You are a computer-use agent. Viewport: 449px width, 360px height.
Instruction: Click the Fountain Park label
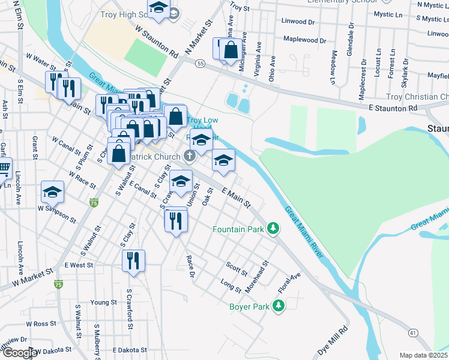point(238,229)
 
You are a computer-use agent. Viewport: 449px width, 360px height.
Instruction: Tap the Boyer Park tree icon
point(278,306)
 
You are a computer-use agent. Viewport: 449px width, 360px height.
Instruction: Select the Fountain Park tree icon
point(273,229)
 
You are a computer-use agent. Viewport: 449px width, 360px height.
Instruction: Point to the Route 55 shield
point(200,63)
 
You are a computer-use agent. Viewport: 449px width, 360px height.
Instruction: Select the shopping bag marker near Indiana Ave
point(231,50)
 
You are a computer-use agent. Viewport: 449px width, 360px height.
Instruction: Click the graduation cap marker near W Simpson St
point(52,192)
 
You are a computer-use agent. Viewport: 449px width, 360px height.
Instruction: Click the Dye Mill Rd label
point(333,340)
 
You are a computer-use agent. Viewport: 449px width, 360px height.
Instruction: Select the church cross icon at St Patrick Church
point(190,157)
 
